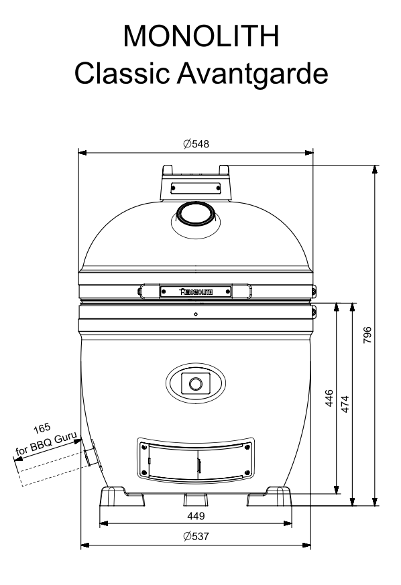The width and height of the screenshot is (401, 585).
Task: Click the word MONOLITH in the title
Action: click(201, 36)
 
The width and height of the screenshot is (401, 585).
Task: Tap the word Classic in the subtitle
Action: click(122, 73)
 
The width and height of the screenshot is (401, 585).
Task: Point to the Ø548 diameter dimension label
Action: click(196, 143)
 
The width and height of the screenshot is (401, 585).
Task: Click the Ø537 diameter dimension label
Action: click(196, 536)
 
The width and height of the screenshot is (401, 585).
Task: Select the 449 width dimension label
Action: click(196, 516)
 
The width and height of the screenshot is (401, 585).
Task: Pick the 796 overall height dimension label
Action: click(367, 334)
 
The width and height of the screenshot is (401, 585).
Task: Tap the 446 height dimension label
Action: click(329, 398)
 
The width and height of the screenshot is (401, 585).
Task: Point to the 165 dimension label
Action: click(42, 429)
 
